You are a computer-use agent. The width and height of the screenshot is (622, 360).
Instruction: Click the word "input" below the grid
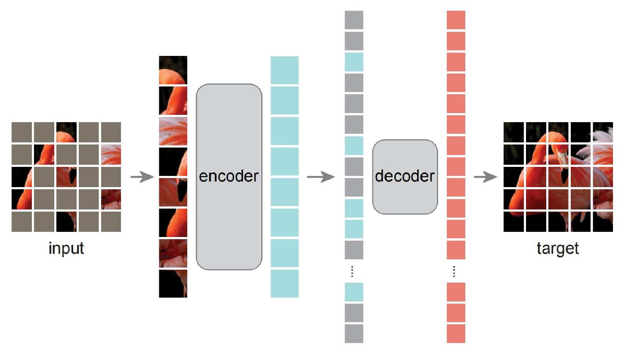[66, 249]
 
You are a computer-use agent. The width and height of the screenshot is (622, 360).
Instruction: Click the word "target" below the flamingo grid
[558, 249]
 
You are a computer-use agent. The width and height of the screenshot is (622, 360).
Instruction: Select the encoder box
[229, 177]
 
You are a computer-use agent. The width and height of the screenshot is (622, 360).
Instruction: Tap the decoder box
[405, 177]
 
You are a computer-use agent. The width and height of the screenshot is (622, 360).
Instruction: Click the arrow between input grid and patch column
[142, 177]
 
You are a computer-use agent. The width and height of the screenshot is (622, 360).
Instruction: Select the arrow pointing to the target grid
[485, 177]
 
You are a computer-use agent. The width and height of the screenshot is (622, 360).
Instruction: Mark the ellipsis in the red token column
[456, 271]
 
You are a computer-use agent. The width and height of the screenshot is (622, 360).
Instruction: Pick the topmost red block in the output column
[456, 20]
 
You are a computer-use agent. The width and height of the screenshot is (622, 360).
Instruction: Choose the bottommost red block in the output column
[456, 334]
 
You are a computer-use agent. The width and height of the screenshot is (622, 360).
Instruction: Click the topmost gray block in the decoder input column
[354, 20]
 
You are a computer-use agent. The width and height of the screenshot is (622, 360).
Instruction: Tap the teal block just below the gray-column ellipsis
[354, 292]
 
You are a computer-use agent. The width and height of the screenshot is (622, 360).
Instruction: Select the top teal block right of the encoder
[285, 70]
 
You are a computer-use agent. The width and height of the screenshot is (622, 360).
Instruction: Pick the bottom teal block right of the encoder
[285, 283]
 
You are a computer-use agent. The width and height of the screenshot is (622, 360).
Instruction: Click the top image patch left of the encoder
[173, 70]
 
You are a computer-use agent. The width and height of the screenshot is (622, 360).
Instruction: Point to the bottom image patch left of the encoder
[173, 283]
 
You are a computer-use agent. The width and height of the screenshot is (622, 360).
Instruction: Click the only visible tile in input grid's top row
[66, 132]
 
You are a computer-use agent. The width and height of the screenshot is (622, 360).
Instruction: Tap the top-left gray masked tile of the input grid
[22, 132]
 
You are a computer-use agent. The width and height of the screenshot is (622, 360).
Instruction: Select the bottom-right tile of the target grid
[603, 222]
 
